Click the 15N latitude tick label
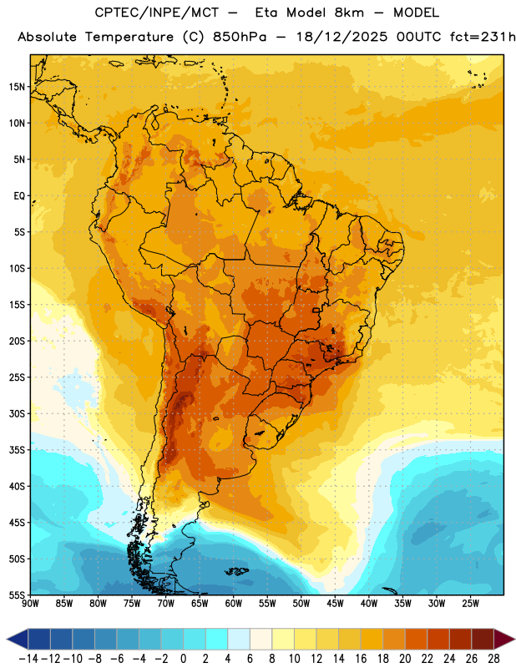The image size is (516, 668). click(17, 87)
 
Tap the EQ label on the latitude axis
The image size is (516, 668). click(19, 196)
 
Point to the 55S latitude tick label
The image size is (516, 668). click(17, 595)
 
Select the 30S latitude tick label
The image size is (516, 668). click(17, 413)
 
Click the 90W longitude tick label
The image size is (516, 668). click(31, 604)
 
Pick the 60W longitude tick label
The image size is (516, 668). click(234, 604)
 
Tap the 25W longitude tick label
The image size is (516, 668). click(470, 604)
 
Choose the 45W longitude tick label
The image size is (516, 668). click(335, 604)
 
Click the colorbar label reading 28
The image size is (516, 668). click(493, 659)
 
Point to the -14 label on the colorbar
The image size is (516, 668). click(28, 659)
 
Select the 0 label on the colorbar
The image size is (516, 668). click(183, 659)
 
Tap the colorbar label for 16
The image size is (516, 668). click(361, 659)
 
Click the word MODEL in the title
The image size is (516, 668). click(416, 13)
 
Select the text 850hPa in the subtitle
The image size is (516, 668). click(240, 37)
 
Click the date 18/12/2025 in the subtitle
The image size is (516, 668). click(342, 37)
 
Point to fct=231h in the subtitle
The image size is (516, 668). click(483, 37)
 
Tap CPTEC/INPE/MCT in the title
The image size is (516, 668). click(156, 13)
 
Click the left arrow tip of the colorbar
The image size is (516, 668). click(7, 639)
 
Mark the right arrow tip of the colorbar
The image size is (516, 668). click(514, 639)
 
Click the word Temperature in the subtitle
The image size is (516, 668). click(129, 38)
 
